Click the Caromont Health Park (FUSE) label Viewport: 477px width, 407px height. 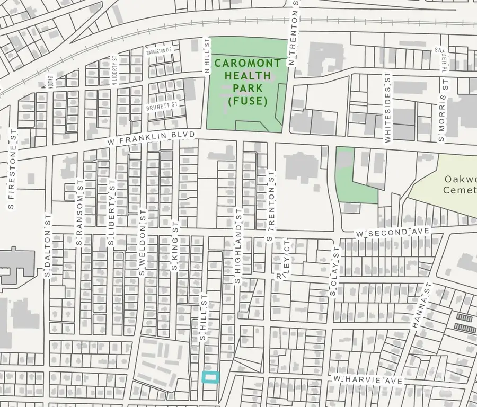(246, 82)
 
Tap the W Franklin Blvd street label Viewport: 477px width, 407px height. (151, 139)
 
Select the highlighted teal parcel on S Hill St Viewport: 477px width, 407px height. (211, 377)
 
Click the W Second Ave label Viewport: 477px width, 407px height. (392, 233)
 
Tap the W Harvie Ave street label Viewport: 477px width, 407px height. (368, 381)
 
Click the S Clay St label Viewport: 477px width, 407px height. (333, 271)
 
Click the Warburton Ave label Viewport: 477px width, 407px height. (161, 50)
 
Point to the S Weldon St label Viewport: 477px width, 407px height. (142, 241)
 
